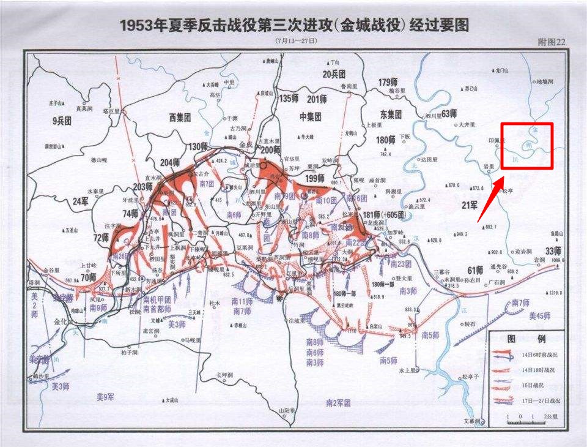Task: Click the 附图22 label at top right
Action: (x=550, y=42)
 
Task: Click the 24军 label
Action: (x=81, y=201)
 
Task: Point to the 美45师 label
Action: (x=540, y=315)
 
